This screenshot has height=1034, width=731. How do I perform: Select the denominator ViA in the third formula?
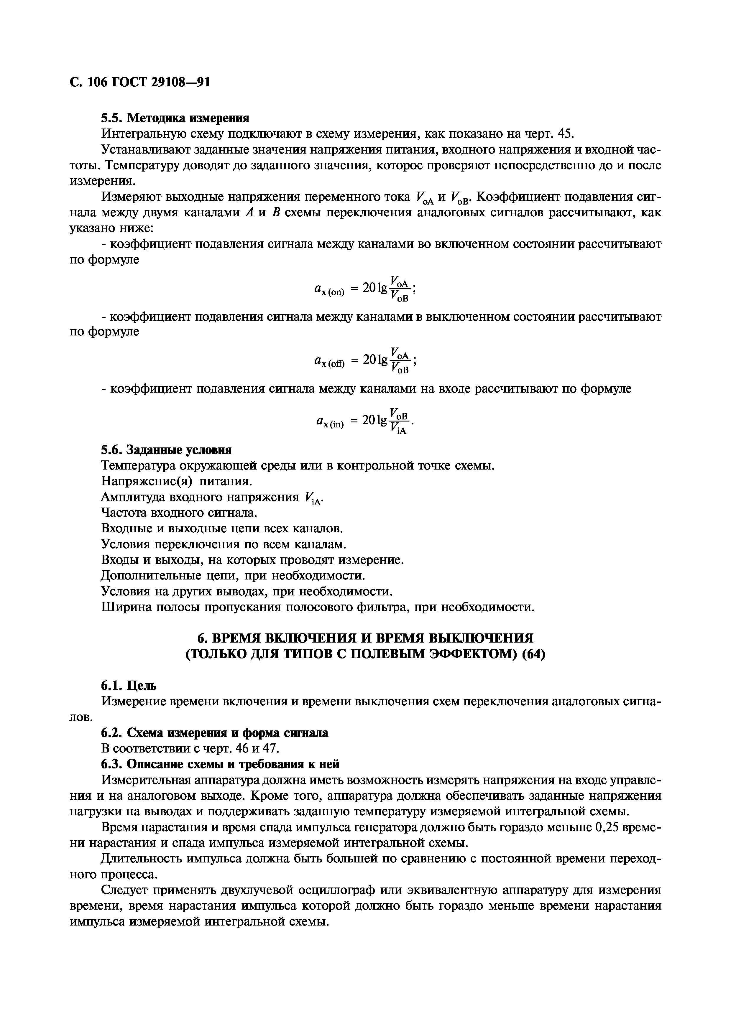399,430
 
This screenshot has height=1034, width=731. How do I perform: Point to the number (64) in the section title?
533,654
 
